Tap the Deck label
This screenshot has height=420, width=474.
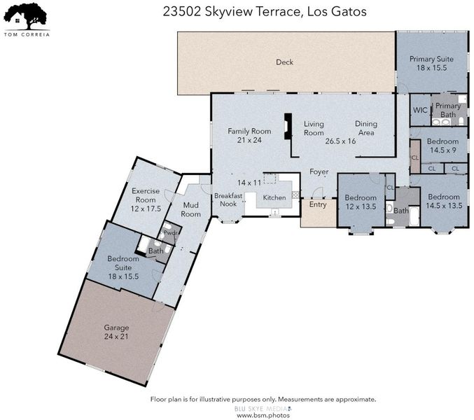(284, 62)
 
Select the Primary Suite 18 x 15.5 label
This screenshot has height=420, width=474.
(431, 63)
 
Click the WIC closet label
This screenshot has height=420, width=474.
(420, 110)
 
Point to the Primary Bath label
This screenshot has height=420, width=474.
(448, 111)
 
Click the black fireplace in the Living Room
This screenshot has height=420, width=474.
(288, 126)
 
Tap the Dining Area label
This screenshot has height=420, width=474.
(366, 128)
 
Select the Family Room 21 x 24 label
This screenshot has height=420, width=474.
(249, 135)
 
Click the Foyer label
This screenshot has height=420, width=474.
(319, 172)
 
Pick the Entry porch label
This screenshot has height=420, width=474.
(318, 204)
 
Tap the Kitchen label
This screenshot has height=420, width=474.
(274, 197)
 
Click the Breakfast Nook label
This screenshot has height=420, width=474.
(228, 199)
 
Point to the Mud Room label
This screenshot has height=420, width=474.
(190, 209)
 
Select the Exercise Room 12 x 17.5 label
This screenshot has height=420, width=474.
(146, 199)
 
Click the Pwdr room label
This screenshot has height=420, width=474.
(170, 233)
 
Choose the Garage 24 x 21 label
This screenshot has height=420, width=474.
(116, 332)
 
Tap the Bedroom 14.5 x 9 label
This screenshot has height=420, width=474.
(443, 146)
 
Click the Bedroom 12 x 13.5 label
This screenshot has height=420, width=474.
(361, 202)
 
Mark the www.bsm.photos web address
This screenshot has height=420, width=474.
(263, 416)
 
